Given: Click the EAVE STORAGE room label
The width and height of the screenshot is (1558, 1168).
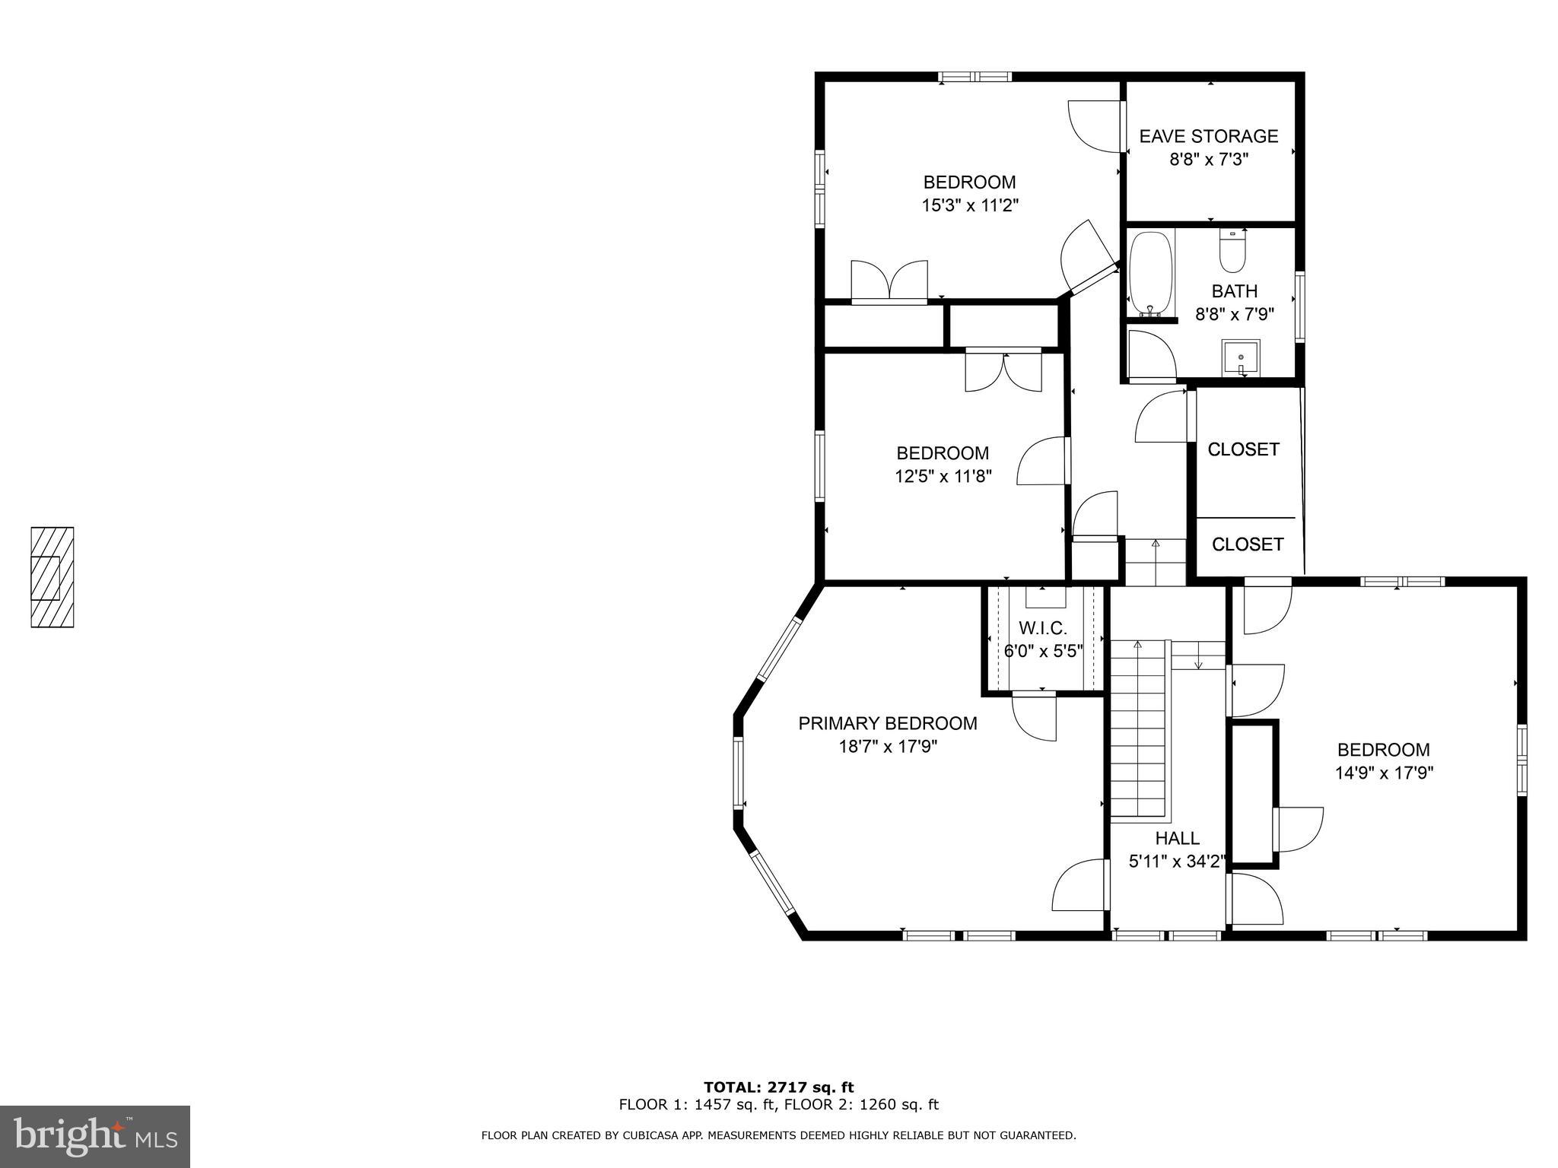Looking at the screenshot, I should [x=1208, y=136].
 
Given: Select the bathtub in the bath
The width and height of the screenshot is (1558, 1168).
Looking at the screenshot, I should [x=1150, y=274].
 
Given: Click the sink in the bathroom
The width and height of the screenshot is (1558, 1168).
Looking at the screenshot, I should [x=1241, y=357].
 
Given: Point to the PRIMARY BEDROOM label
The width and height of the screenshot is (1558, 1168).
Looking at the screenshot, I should [x=887, y=723].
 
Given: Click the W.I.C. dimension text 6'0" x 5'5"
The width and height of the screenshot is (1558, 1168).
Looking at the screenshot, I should [x=1043, y=652].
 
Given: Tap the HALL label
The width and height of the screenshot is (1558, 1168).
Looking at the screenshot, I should [x=1177, y=838].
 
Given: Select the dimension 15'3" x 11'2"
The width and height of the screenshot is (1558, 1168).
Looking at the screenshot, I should [x=969, y=205].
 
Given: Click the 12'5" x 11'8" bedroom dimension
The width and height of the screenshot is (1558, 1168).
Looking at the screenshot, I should [x=943, y=477].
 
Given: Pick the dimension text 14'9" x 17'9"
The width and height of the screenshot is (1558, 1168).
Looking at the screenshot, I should [x=1384, y=773].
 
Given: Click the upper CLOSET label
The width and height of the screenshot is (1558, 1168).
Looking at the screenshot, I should [x=1243, y=449].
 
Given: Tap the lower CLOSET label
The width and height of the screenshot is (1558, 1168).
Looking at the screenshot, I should [x=1248, y=544].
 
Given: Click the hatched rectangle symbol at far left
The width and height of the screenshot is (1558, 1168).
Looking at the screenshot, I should [x=52, y=577].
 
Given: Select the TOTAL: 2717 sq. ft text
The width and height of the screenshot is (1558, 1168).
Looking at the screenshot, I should [x=778, y=1087].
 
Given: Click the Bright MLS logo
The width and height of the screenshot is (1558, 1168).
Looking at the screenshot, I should [x=94, y=1136].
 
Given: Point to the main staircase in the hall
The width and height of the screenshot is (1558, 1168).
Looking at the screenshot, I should [x=1138, y=730].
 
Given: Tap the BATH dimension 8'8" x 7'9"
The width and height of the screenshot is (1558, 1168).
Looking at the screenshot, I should [x=1234, y=314].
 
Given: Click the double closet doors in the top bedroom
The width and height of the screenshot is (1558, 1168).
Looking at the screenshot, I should [x=889, y=281].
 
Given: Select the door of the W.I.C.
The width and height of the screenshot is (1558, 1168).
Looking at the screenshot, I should [x=1035, y=715].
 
